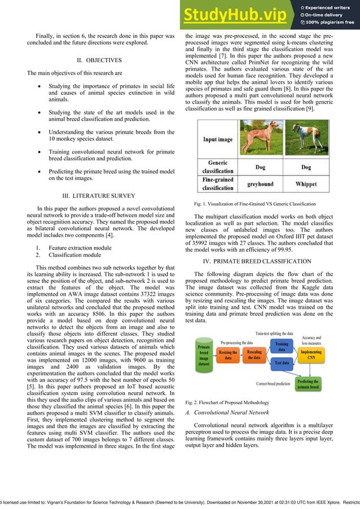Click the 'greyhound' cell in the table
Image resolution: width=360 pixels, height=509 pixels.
tap(260, 184)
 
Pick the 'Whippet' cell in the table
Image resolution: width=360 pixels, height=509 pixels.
tap(305, 184)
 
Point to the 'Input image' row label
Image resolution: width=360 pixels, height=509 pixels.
tap(217, 139)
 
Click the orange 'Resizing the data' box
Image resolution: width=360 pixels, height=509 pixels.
tap(229, 354)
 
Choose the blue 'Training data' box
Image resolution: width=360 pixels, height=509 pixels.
tap(282, 346)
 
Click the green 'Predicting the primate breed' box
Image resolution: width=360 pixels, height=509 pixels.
tap(308, 384)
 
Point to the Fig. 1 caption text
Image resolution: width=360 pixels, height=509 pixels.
tap(254, 203)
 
